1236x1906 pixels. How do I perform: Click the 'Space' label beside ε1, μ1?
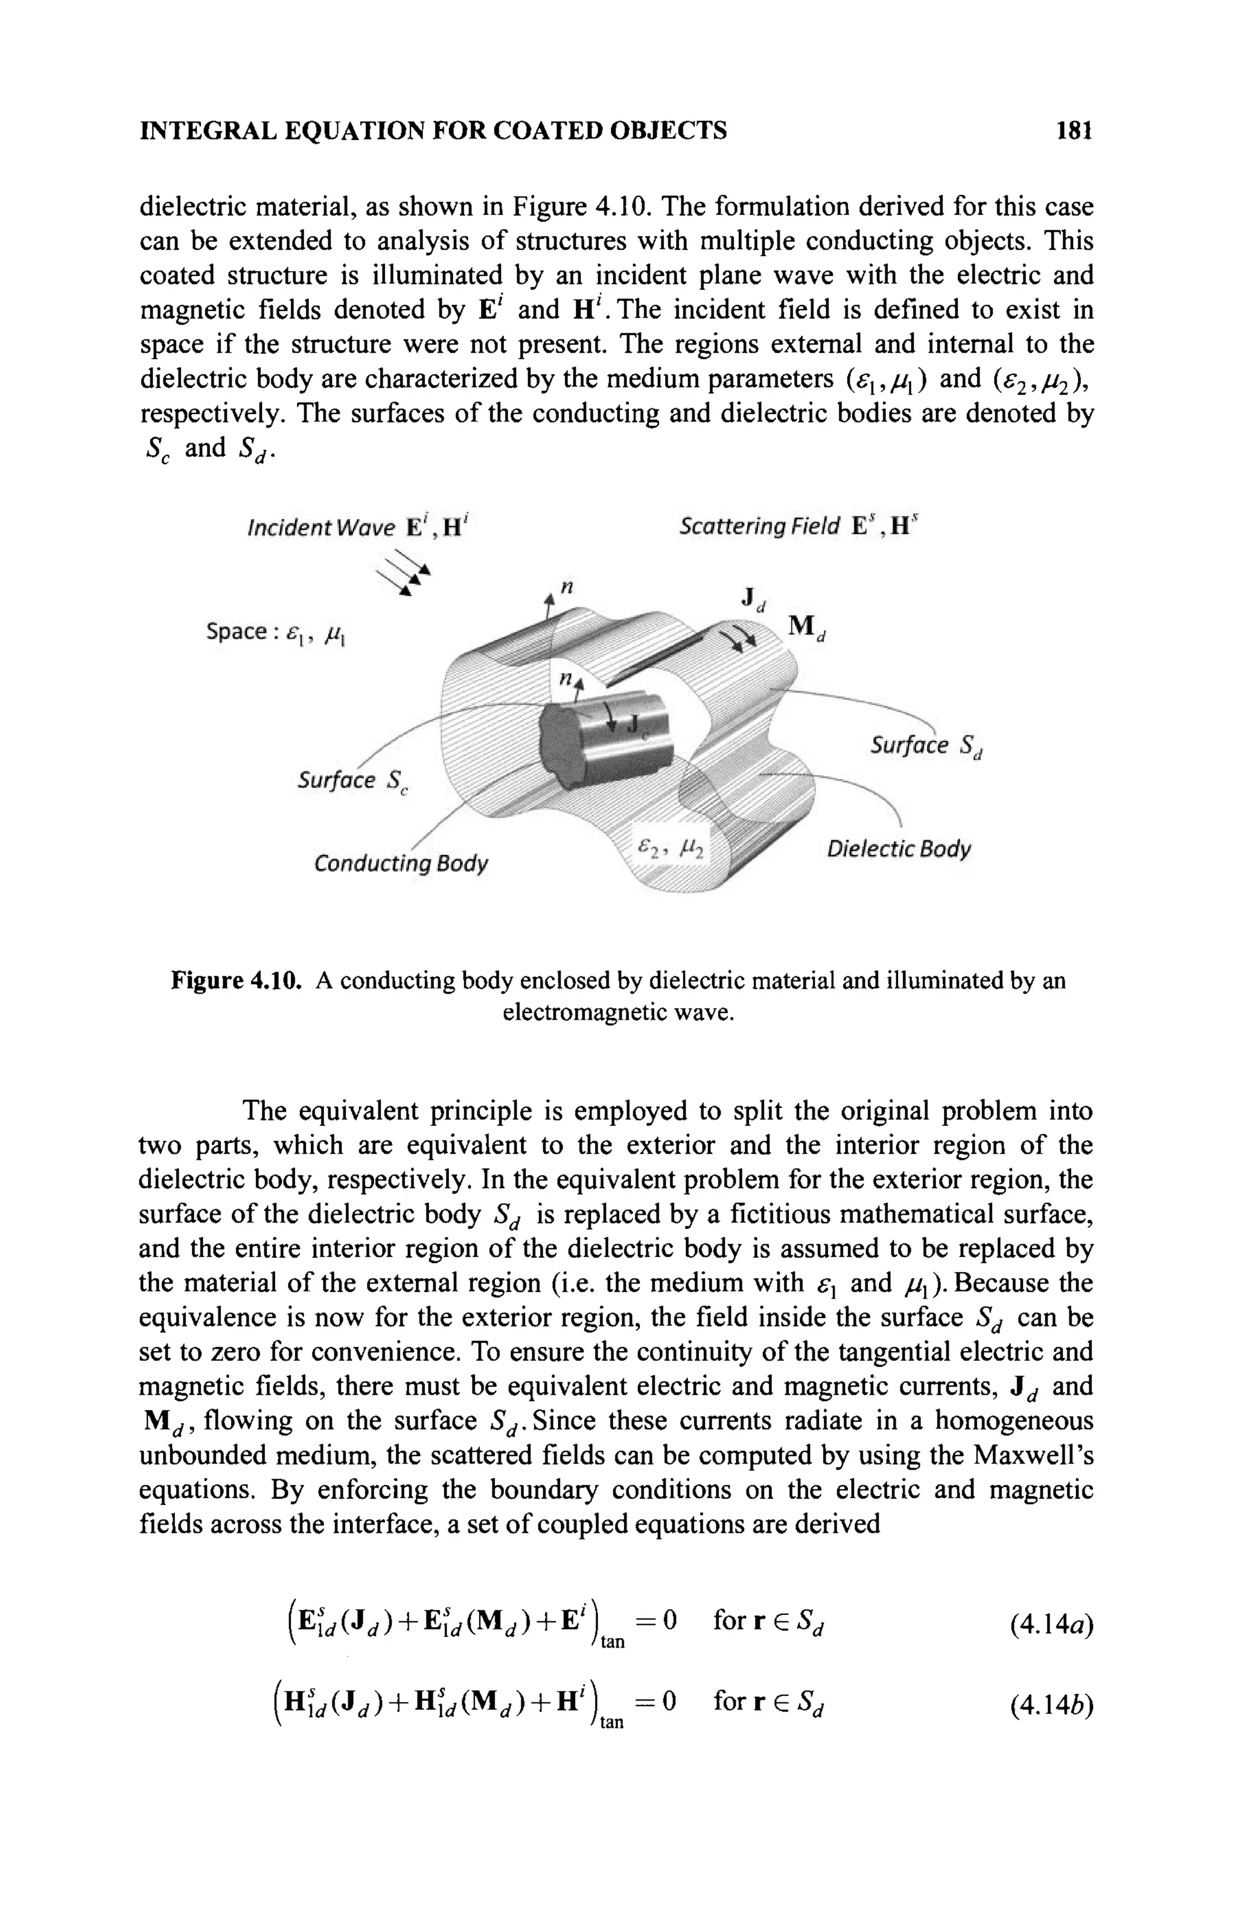point(236,633)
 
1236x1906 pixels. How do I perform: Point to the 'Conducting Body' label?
point(400,864)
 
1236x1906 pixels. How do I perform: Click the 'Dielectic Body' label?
point(898,848)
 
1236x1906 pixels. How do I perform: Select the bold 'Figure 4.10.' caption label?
point(236,981)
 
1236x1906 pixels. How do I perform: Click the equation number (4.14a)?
point(1051,1623)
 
